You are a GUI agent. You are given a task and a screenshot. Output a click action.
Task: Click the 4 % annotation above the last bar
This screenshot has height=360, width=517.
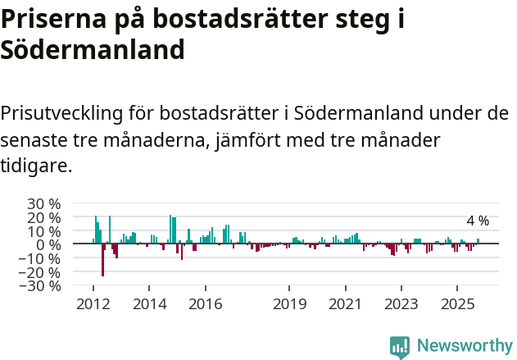[x=478, y=221]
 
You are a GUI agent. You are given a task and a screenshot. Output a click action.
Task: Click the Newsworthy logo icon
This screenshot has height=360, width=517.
[x=400, y=346]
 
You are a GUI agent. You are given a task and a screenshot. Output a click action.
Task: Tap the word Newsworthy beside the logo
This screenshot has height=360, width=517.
[x=464, y=346]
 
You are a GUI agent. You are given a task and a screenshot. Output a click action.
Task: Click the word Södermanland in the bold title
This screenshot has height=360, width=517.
[x=92, y=51]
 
